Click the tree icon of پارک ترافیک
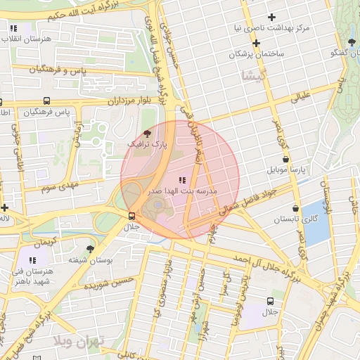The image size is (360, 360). click(x=146, y=132)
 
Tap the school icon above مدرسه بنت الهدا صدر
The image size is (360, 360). click(x=183, y=180)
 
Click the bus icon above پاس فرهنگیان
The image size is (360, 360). click(x=46, y=101)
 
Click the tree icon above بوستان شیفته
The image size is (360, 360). click(x=90, y=249)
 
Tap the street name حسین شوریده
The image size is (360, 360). click(x=105, y=286)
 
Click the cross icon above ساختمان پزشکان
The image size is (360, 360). click(x=257, y=43)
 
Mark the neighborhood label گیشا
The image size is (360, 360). click(x=252, y=75)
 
